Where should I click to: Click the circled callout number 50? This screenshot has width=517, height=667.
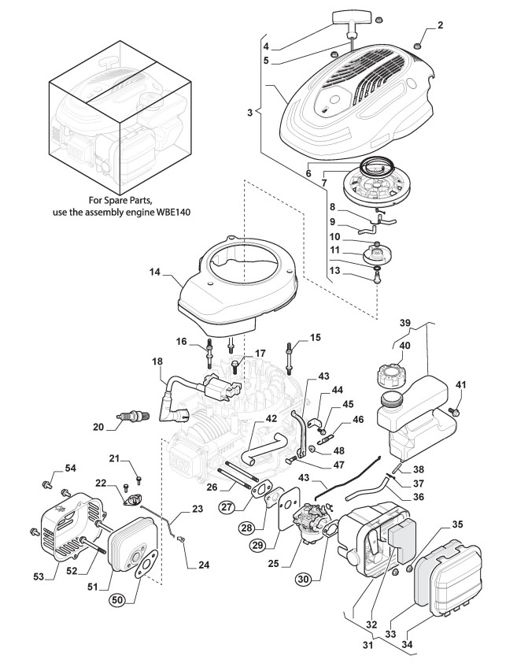click(118, 600)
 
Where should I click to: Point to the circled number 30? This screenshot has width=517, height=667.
click(304, 579)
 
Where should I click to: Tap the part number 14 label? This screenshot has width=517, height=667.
click(155, 272)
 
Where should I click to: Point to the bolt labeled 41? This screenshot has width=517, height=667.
click(455, 412)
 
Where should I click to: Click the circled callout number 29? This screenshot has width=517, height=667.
click(257, 546)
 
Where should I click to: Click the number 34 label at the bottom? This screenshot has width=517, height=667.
click(407, 644)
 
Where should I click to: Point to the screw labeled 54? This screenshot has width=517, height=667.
click(46, 484)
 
